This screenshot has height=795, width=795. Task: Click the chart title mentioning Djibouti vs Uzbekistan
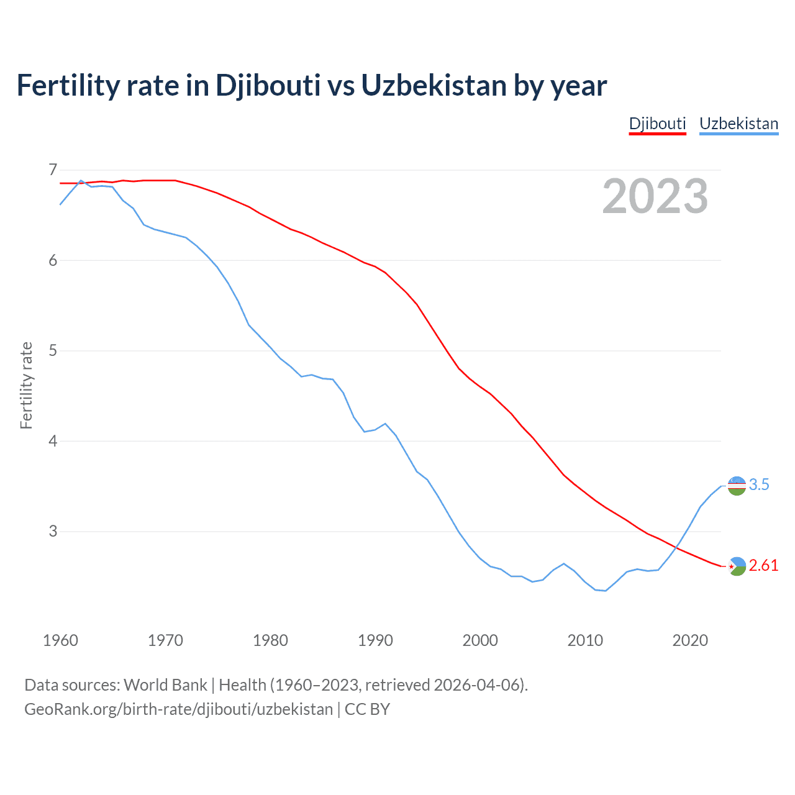[311, 85]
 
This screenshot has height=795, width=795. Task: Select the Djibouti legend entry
[657, 124]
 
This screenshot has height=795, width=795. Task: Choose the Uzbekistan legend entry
[738, 124]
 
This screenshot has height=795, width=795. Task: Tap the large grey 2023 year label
[655, 196]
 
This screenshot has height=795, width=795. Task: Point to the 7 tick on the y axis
[52, 170]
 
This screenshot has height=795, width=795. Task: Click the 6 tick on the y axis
[52, 260]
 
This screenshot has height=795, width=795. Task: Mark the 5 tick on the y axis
[52, 350]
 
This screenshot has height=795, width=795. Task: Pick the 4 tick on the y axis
[52, 441]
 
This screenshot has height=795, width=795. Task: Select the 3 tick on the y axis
[52, 531]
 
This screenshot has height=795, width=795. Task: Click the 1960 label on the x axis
[60, 640]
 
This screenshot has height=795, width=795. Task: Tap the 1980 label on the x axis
[270, 640]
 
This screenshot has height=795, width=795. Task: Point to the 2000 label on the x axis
[480, 640]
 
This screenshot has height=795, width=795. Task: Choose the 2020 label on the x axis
[690, 640]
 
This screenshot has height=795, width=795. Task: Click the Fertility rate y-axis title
[26, 385]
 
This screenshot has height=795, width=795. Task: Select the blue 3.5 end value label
[759, 485]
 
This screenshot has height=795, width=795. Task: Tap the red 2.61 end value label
[763, 566]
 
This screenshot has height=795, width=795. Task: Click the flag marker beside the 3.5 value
[737, 486]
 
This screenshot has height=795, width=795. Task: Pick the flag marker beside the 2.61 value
[737, 566]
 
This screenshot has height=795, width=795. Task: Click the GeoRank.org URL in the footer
[178, 709]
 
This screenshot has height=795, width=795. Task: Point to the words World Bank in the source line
[165, 685]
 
